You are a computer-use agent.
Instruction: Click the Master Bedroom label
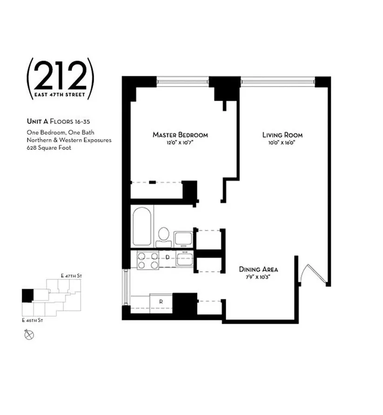coord(180,135)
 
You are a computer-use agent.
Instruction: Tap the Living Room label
coord(282,135)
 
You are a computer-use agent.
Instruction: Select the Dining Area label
coord(259,270)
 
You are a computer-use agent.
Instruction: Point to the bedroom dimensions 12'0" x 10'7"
coord(180,143)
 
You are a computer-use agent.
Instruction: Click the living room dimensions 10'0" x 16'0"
coord(282,143)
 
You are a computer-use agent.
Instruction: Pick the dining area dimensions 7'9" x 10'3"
coord(259,277)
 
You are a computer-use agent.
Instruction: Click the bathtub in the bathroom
coord(141,227)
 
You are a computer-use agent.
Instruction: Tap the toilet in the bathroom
coord(163,236)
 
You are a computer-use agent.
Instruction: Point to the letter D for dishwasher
coord(168,257)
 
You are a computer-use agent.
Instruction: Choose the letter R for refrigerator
coord(161,301)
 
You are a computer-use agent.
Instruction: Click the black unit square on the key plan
coord(28,295)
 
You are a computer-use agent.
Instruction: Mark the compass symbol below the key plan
coord(29,333)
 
